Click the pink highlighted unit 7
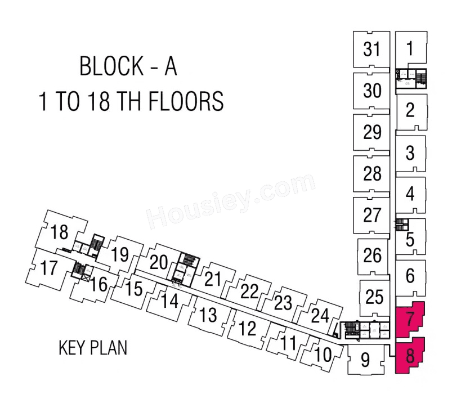[x=410, y=319]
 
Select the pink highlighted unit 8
[x=410, y=356]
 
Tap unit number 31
[x=372, y=50]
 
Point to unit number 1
[x=410, y=48]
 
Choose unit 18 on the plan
[x=59, y=232]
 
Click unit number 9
[x=365, y=360]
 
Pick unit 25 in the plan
[x=374, y=296]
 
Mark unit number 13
[x=208, y=315]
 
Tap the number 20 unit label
[x=159, y=262]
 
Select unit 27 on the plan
[x=372, y=215]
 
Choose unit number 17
[x=49, y=268]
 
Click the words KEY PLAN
[x=93, y=348]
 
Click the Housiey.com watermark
[x=231, y=200]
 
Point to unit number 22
[x=249, y=291]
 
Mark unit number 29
[x=372, y=132]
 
